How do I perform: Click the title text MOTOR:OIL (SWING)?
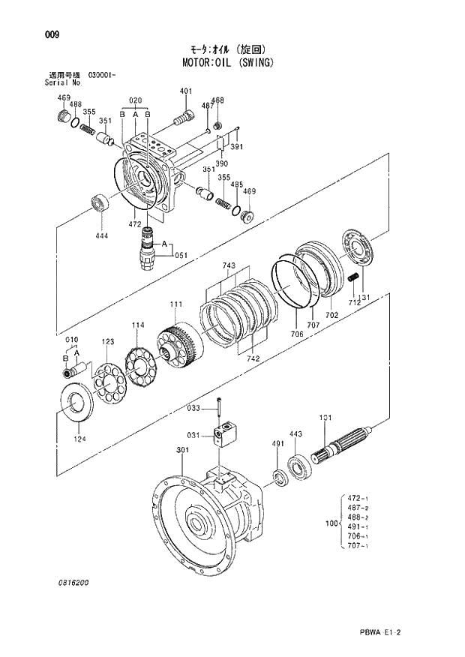tap(227, 62)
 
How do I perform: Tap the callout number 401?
tap(186, 91)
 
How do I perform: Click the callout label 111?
tap(175, 304)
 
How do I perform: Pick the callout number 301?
tap(182, 450)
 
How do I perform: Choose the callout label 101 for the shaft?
tap(325, 418)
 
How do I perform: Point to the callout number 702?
tap(332, 316)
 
